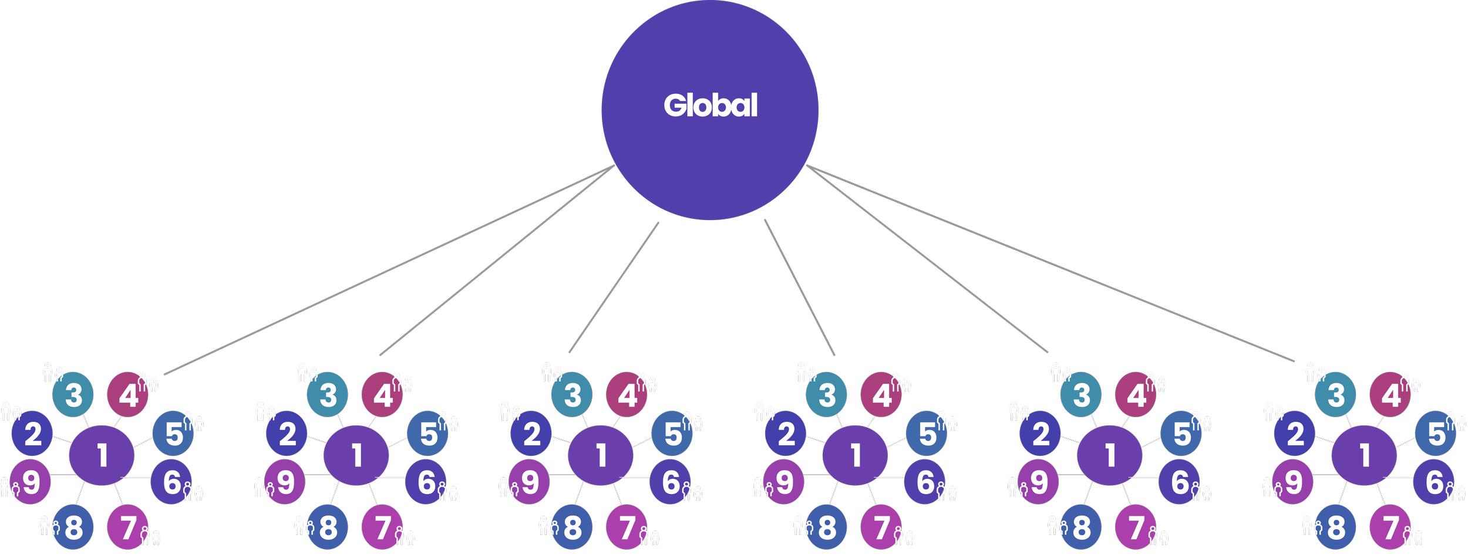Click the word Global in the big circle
tap(711, 106)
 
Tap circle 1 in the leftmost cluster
tap(102, 455)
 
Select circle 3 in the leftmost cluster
tap(73, 395)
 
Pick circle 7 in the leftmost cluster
tap(127, 527)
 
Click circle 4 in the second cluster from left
tap(382, 395)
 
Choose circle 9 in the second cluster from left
tap(285, 482)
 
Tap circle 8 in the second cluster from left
tap(327, 527)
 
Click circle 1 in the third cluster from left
tap(601, 455)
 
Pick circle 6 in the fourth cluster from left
tap(925, 482)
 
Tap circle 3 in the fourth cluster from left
tap(826, 395)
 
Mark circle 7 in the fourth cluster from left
tap(881, 527)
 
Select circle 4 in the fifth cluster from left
tap(1135, 395)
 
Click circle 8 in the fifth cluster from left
tap(1081, 527)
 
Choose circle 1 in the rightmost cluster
tap(1364, 455)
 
